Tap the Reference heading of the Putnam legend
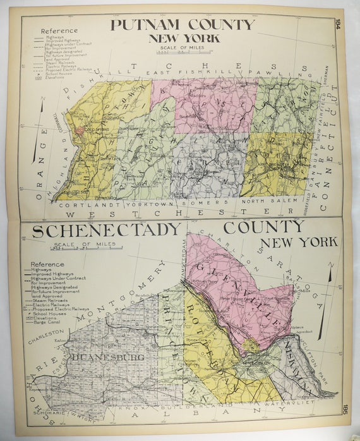coord(59,30)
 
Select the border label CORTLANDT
coord(81,204)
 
